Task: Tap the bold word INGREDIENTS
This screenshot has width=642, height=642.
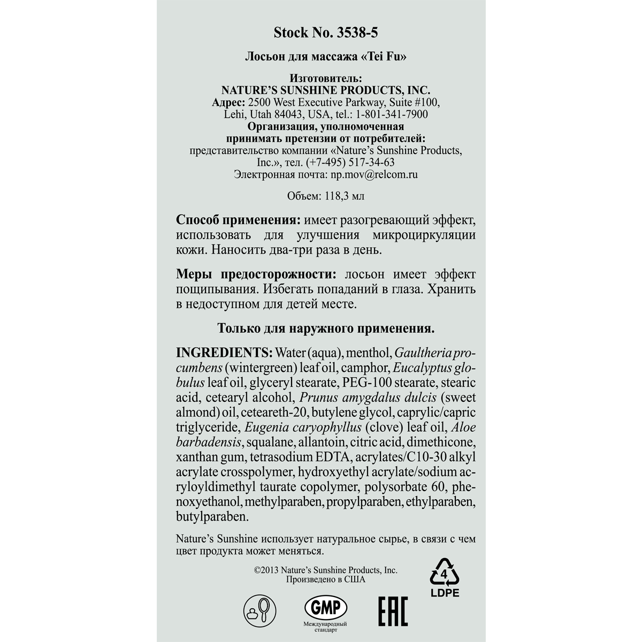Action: coord(224,353)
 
